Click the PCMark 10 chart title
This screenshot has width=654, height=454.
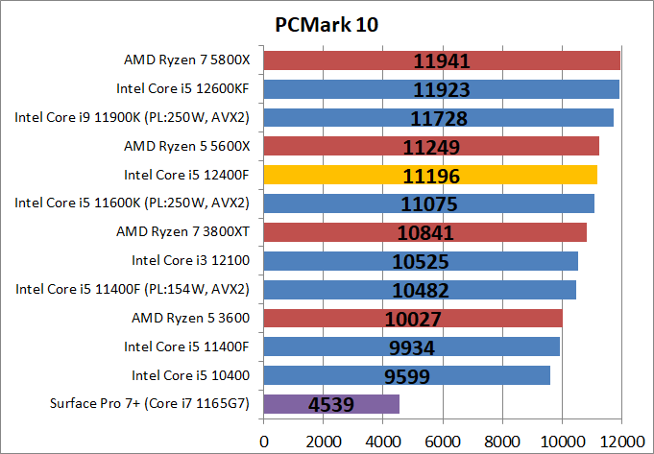point(326,24)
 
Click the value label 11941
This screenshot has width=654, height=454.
point(442,62)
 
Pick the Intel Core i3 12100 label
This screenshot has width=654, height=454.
point(190,260)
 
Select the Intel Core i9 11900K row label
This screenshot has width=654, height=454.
point(132,117)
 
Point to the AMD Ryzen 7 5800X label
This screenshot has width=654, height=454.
point(186,60)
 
